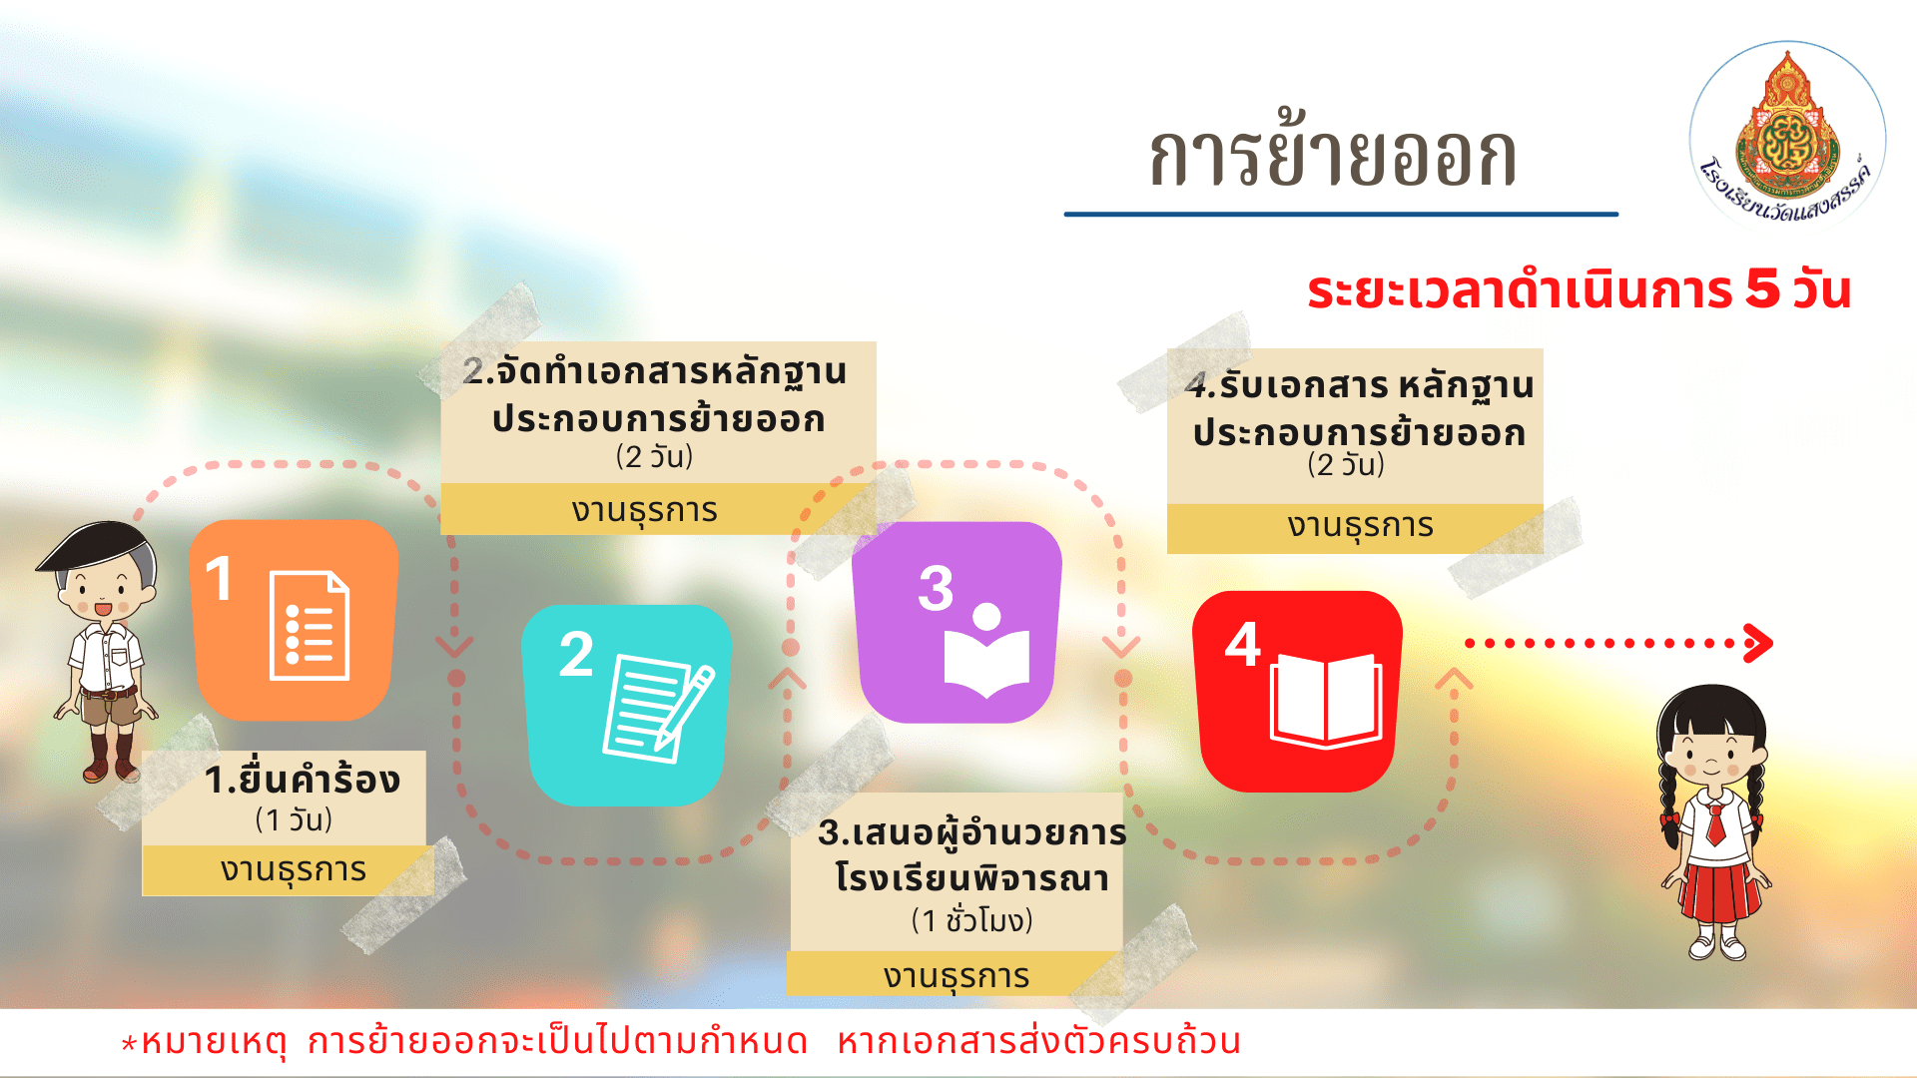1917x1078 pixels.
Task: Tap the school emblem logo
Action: [x=1787, y=135]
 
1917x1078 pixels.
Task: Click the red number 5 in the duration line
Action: [x=1762, y=289]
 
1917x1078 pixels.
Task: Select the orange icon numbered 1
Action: [x=294, y=620]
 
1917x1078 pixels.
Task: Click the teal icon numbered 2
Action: [x=627, y=705]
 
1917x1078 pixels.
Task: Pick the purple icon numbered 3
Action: [x=957, y=622]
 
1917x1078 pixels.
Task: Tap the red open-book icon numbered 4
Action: [x=1297, y=692]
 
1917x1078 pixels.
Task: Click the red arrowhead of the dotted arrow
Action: [x=1759, y=643]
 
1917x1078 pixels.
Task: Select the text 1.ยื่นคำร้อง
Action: [x=303, y=780]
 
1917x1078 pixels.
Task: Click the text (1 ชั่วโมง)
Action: [x=971, y=919]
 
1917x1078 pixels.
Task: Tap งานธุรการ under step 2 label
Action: [x=645, y=510]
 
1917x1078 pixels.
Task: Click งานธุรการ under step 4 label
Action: [x=1360, y=526]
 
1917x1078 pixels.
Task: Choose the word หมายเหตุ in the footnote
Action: [x=214, y=1041]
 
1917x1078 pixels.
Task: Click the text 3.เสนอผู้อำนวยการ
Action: [x=972, y=831]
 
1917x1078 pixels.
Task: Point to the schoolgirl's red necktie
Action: [x=1715, y=823]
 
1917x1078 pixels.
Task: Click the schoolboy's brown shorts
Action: [x=111, y=707]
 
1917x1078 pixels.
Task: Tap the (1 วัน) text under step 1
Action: [x=294, y=819]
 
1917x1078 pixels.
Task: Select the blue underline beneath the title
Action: [x=1341, y=214]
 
